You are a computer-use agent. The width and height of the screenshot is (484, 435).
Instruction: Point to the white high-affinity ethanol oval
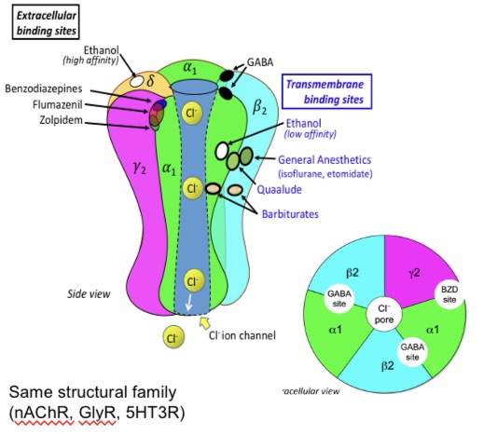(x=137, y=82)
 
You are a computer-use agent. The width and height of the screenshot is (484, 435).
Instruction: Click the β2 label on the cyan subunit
(x=259, y=103)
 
